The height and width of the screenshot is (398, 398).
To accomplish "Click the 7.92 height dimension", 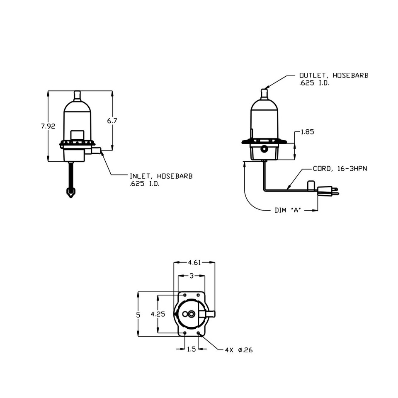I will pos(48,126).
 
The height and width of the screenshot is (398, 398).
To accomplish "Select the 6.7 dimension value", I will pos(112,121).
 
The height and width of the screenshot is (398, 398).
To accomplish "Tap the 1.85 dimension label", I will pos(307,132).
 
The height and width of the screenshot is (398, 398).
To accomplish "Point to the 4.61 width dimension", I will pos(194,262).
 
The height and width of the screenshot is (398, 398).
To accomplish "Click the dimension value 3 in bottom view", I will pos(191,276).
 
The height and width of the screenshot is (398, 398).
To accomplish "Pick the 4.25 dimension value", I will pos(158,314).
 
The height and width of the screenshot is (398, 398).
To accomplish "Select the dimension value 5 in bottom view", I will pos(138,315).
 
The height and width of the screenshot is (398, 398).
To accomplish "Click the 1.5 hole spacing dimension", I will pos(191,349).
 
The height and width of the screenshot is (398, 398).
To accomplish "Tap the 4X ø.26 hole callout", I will pos(238,350).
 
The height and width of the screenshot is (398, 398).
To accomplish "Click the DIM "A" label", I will pos(288,210).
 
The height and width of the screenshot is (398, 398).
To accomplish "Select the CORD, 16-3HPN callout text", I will pos(340,169).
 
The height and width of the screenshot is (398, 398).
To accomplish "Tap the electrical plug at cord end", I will pos(328,192).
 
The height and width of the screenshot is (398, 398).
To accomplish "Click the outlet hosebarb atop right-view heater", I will pos(264,93).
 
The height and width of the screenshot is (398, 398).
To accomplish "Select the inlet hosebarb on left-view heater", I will pos(96,150).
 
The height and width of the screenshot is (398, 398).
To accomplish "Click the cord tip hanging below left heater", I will pos(71,192).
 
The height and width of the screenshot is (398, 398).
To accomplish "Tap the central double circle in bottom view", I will pos(191,314).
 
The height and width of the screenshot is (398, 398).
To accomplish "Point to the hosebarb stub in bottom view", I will pos(209,314).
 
